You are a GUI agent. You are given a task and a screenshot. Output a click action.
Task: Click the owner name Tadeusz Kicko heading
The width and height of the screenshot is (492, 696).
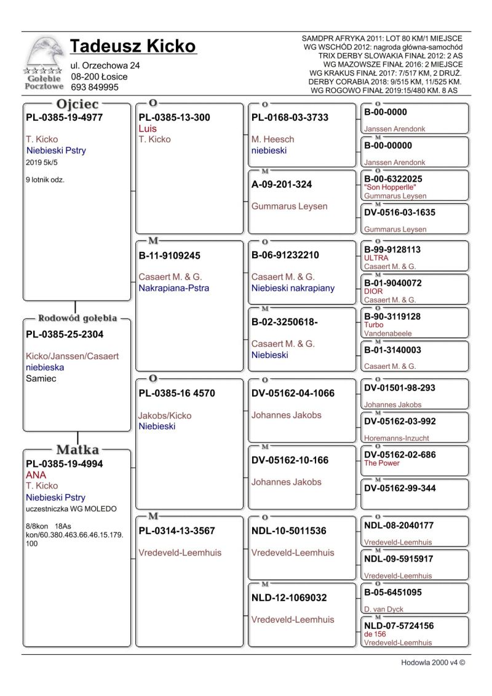(x=133, y=47)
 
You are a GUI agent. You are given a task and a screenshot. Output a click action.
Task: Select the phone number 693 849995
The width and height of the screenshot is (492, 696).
(x=95, y=87)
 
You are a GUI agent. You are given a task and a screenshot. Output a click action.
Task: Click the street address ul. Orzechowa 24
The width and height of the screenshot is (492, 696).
(x=106, y=65)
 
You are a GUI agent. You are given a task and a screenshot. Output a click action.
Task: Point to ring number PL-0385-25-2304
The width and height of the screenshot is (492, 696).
(x=65, y=334)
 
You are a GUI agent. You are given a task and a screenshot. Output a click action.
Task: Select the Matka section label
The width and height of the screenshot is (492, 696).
(x=77, y=450)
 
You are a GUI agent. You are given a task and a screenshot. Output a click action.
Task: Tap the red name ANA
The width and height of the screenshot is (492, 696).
(x=36, y=475)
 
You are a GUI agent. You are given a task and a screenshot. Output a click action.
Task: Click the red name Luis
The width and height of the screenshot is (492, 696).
(x=148, y=129)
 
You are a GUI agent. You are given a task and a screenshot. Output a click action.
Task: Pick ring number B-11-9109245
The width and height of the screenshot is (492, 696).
(x=170, y=255)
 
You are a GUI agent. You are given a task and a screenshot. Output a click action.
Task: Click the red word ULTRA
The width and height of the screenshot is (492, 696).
(x=376, y=258)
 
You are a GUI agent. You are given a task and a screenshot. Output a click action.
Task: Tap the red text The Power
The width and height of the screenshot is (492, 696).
(x=382, y=463)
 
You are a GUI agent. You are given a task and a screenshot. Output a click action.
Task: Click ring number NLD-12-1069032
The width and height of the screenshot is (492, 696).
(x=289, y=597)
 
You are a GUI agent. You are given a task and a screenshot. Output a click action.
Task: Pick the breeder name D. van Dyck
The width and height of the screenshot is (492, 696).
(x=384, y=609)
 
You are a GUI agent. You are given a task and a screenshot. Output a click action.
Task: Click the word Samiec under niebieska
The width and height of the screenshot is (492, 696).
(x=41, y=379)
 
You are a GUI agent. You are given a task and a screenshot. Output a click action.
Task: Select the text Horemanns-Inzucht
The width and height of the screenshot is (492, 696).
(x=397, y=438)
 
